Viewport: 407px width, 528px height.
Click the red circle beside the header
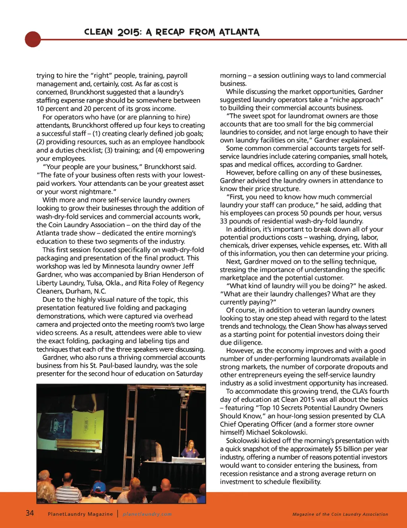tap(33, 39)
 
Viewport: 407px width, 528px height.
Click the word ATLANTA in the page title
tap(239, 32)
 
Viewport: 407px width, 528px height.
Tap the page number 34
tap(30, 513)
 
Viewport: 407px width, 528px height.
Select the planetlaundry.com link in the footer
tap(147, 514)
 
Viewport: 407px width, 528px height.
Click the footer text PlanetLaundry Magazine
tap(80, 514)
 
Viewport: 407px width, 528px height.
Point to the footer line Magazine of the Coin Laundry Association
tap(340, 514)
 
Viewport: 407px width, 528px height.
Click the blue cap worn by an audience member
tap(99, 486)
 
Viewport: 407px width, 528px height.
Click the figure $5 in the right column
tap(338, 449)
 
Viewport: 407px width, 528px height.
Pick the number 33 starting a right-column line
tap(224, 221)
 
